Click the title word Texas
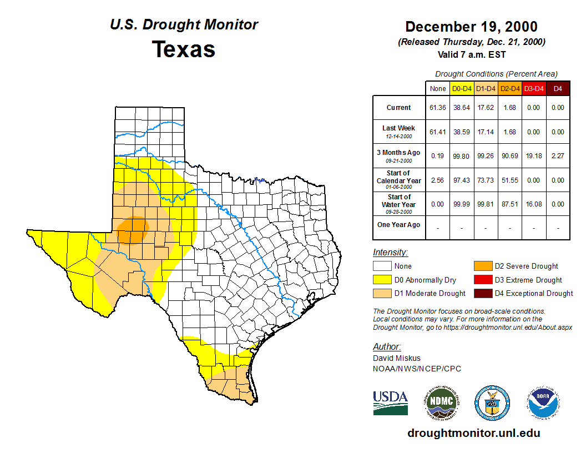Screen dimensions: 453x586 (184, 49)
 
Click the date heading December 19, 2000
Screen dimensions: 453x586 (471, 27)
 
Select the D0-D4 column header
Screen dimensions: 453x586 (462, 89)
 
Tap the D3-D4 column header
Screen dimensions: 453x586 (533, 89)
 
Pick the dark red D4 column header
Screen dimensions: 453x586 (558, 89)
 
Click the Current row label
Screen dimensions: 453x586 (399, 108)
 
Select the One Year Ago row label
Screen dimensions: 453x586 (399, 225)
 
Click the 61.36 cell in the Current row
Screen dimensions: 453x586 (438, 108)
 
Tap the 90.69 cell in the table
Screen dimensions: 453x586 (509, 156)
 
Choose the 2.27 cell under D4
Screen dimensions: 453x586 (558, 156)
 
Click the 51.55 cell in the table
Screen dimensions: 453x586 (509, 180)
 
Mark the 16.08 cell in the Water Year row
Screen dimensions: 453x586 (533, 204)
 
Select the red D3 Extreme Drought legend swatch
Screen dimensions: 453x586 (483, 280)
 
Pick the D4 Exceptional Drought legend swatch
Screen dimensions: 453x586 (483, 293)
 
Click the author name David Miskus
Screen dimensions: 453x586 (397, 358)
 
